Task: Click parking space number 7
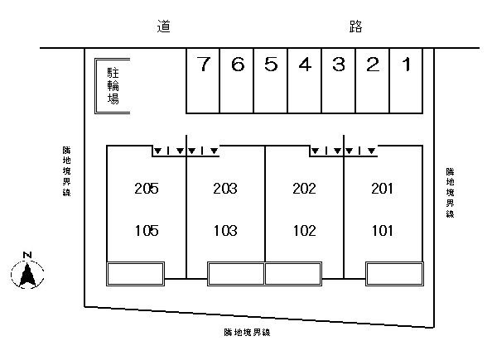coord(203,80)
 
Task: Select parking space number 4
coord(304,80)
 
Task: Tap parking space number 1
coord(406,80)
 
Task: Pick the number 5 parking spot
coord(271,80)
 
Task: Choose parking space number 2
coord(373,80)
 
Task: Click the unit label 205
coord(147,189)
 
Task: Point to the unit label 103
coord(225,231)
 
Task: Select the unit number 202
coord(304,189)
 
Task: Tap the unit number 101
coord(383,231)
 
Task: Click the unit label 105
coord(147,231)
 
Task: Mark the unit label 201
coord(382,189)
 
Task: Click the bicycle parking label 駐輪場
coord(113,85)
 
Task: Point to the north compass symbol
coord(27,275)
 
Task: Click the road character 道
coord(163,26)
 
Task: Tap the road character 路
coord(356,26)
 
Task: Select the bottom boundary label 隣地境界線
coord(248,333)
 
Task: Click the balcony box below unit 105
coord(135,274)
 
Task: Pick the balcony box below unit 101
coord(394,274)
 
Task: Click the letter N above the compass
coord(27,255)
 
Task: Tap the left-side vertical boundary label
coord(66,171)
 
